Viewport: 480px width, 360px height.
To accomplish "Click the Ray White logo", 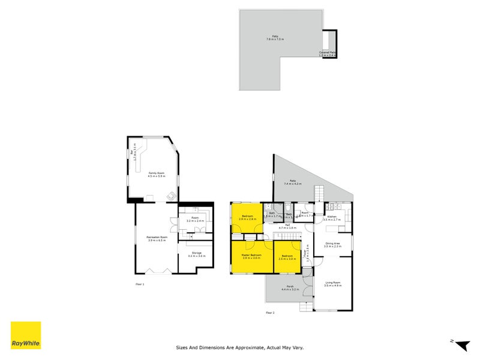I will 26,335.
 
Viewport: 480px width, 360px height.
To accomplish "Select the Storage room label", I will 196,255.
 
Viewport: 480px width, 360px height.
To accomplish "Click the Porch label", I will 290,288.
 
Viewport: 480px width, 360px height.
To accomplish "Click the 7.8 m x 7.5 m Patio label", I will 275,38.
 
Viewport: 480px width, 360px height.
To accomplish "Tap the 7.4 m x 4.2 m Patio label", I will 293,182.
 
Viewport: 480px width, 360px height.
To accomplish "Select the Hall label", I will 288,226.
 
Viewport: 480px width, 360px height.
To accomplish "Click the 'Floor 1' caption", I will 139,284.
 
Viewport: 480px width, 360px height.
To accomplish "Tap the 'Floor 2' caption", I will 270,313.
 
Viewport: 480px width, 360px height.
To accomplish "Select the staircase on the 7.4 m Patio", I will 319,194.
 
